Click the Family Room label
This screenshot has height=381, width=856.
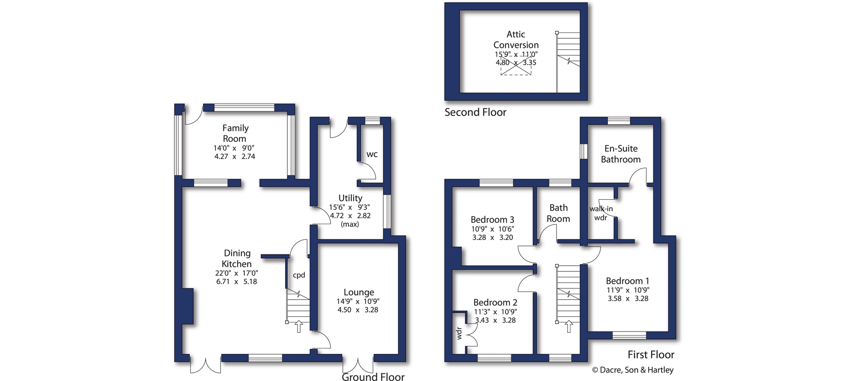(235, 133)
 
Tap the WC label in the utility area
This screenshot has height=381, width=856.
(372, 154)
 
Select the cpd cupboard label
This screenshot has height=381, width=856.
(299, 275)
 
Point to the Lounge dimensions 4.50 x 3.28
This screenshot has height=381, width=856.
(358, 310)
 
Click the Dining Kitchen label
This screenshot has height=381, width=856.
(237, 258)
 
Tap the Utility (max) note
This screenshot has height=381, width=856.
(350, 224)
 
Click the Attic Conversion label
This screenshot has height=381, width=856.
(516, 40)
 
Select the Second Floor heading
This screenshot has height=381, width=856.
(476, 112)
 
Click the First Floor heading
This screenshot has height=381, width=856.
(651, 354)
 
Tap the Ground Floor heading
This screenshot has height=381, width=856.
(373, 377)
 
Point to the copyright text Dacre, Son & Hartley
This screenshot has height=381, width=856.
(633, 370)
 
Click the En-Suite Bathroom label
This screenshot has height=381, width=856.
(621, 154)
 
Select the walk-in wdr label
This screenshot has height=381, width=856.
(601, 213)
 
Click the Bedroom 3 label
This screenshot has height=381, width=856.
(492, 220)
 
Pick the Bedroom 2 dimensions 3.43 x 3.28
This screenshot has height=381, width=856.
(495, 320)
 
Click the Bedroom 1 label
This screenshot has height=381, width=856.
(627, 281)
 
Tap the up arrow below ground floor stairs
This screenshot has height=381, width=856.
(299, 326)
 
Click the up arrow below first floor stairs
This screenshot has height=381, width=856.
(569, 326)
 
